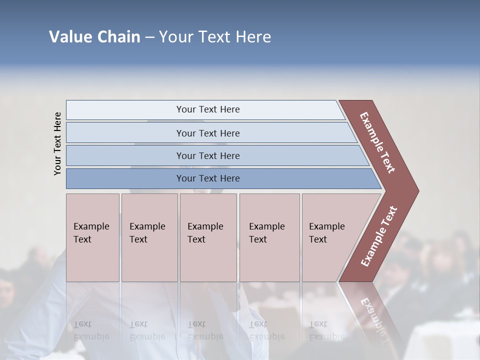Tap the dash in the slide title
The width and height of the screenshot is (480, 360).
point(149,37)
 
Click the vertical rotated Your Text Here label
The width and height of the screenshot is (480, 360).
point(57,143)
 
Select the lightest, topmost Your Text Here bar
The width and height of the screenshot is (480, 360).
point(207,109)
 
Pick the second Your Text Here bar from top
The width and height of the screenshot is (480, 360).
point(207,133)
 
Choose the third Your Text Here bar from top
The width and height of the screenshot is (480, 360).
point(207,155)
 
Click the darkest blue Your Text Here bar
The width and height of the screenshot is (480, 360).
point(207,178)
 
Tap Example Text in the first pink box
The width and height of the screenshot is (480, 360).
point(91,233)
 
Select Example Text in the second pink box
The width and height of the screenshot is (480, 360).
point(147,233)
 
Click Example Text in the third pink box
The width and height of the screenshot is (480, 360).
point(205,233)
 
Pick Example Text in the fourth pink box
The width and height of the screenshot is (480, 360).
point(266,233)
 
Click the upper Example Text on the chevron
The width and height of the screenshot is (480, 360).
point(377,142)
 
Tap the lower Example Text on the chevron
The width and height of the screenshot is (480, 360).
point(379,236)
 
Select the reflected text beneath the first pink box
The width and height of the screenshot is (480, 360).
point(91,330)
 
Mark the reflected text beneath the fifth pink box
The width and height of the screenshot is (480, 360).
point(327,330)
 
